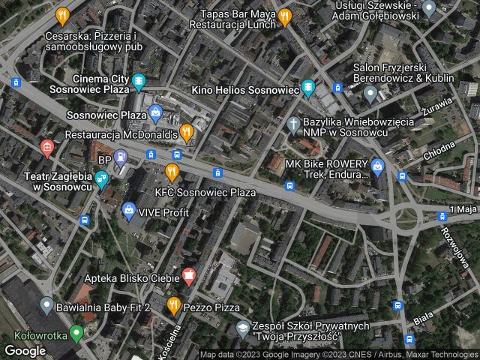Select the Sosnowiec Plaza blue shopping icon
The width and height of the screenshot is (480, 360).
pos(155,115)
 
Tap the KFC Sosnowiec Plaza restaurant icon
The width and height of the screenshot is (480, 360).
pos(172,173)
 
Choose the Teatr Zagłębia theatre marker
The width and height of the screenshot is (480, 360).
pos(101,178)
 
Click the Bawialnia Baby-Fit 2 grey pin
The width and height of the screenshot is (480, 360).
pos(46,305)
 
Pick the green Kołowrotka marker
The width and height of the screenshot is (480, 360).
pos(75,331)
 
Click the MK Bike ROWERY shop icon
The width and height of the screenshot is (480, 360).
pos(377,166)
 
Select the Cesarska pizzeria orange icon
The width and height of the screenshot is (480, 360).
pos(63,15)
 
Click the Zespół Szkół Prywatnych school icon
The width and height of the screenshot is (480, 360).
pos(243,328)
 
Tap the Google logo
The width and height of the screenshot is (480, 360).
pos(25,350)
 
